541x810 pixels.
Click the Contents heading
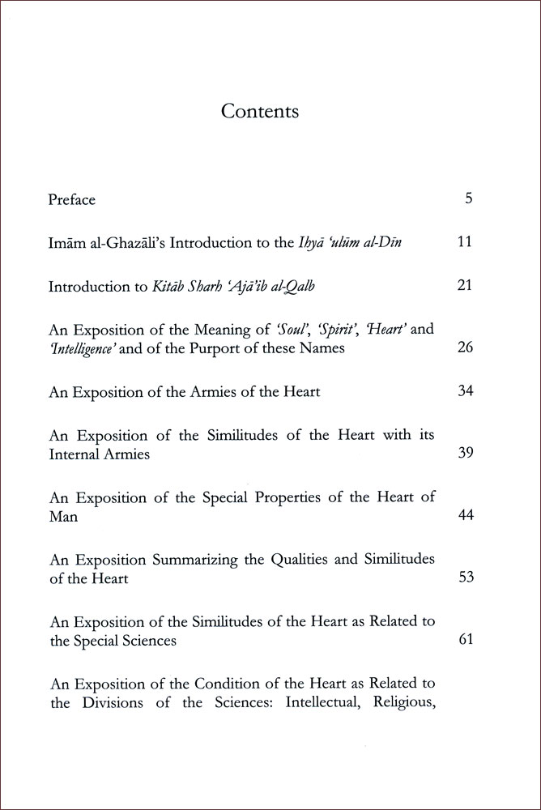pyautogui.click(x=260, y=111)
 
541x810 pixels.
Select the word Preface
pyautogui.click(x=72, y=199)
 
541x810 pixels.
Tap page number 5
pyautogui.click(x=468, y=198)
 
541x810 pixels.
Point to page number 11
pyautogui.click(x=465, y=241)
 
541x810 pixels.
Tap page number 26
pyautogui.click(x=465, y=348)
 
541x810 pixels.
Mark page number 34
pyautogui.click(x=465, y=391)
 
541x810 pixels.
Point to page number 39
pyautogui.click(x=465, y=454)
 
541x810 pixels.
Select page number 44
pyautogui.click(x=465, y=516)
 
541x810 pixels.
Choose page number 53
pyautogui.click(x=465, y=578)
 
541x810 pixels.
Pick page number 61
pyautogui.click(x=465, y=640)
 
